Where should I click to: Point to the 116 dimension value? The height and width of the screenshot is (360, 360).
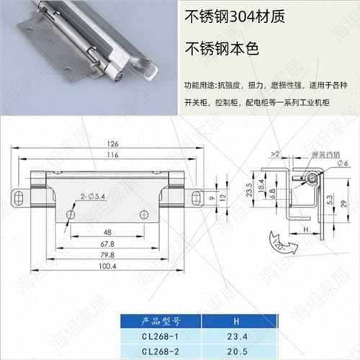pos(111,156)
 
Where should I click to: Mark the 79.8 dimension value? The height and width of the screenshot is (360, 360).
pos(109,255)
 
